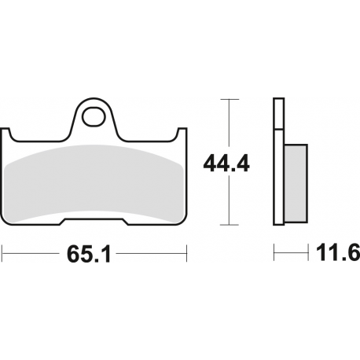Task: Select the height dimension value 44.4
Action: tap(226, 163)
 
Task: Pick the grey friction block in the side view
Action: tap(294, 182)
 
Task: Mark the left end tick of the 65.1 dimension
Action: tap(3, 254)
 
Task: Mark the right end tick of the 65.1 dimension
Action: tap(186, 254)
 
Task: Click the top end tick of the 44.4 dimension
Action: tap(227, 99)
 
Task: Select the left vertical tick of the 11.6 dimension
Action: tap(274, 254)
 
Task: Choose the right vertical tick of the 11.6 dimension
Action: tap(306, 254)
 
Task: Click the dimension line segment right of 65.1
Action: tap(157, 254)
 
